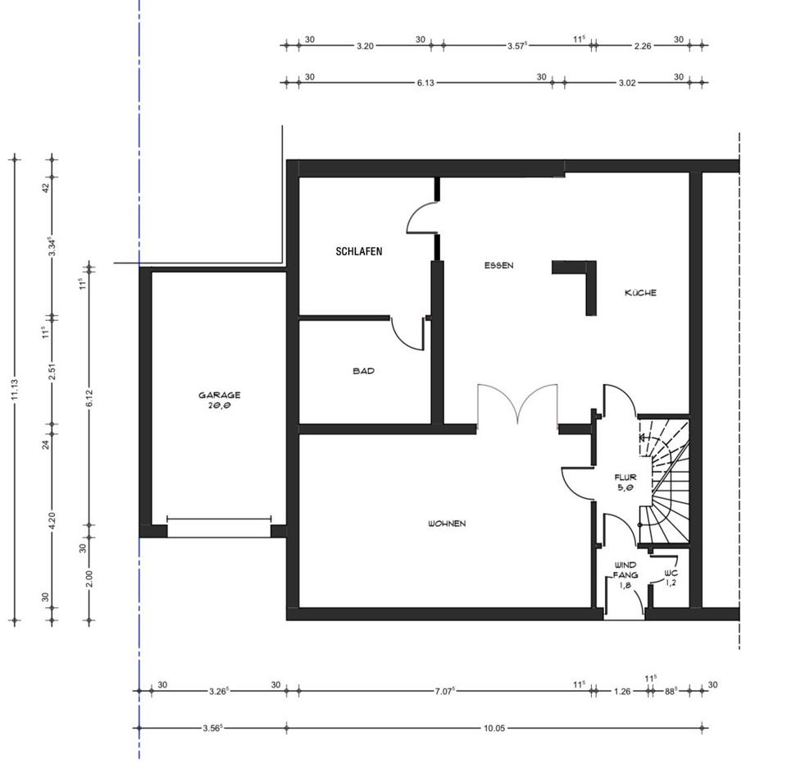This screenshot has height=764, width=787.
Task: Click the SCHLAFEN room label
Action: click(x=359, y=251)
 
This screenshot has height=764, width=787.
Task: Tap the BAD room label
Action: click(x=363, y=371)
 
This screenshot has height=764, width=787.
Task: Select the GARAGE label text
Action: click(x=220, y=395)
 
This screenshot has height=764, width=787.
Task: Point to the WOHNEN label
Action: click(x=447, y=524)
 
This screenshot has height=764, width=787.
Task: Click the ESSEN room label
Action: click(x=499, y=265)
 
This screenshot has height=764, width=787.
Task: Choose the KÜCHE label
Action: click(x=640, y=292)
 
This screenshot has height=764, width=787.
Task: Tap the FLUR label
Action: click(x=626, y=477)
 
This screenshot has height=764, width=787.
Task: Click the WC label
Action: click(x=671, y=573)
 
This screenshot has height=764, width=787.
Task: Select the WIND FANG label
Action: click(x=626, y=570)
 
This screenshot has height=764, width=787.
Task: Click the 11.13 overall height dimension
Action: click(x=15, y=389)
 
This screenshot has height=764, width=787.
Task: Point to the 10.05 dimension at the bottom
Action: click(x=494, y=728)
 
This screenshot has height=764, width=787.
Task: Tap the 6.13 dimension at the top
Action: click(x=425, y=82)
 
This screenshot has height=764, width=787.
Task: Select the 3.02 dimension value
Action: click(x=627, y=82)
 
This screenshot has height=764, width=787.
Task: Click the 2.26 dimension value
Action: click(x=643, y=46)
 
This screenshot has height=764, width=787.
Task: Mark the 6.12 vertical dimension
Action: click(x=89, y=398)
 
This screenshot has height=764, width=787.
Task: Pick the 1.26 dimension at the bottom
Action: click(x=622, y=691)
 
